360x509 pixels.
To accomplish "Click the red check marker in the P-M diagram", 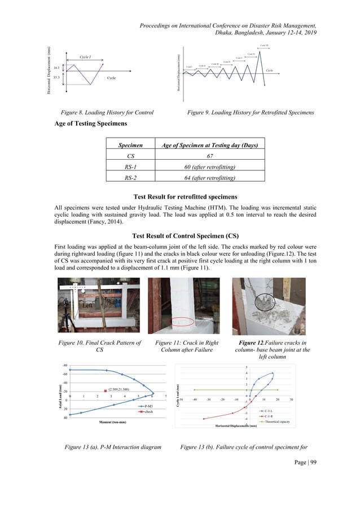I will [x=105, y=390].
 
